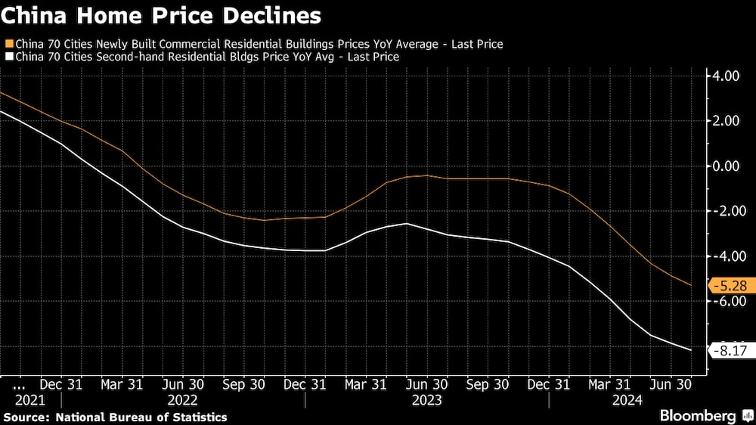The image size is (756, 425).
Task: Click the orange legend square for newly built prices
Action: click(8, 44)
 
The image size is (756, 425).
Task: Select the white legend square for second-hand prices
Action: click(8, 57)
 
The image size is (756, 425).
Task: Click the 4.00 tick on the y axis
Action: click(724, 76)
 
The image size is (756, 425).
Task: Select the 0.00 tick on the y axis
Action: click(724, 166)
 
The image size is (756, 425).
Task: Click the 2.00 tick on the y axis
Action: click(724, 121)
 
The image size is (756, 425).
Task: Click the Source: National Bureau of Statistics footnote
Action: click(115, 417)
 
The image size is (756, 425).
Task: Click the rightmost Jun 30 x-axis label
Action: click(671, 384)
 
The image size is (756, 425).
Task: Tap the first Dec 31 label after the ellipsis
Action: click(61, 384)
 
